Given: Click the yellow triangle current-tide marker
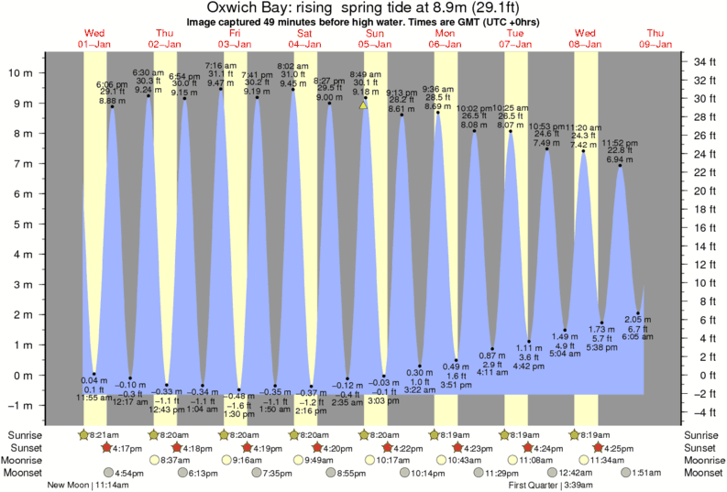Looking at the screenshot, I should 364,105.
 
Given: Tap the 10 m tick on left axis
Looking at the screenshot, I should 22,70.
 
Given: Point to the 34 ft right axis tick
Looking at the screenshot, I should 706,61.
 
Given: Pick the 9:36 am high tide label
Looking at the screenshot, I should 438,89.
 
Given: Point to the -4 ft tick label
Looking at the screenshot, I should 706,411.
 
